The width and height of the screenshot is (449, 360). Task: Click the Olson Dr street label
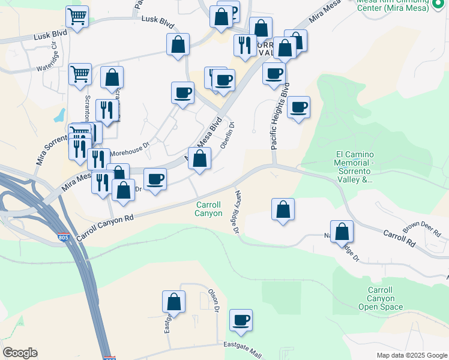[x=213, y=300]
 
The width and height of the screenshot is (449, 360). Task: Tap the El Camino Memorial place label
[x=355, y=166]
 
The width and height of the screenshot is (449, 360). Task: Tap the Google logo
[x=20, y=352]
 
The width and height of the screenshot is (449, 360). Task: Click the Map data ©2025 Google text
[x=411, y=355]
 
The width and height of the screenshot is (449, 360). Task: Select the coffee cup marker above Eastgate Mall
[x=241, y=320]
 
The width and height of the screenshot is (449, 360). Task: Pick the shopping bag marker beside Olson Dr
[x=173, y=301]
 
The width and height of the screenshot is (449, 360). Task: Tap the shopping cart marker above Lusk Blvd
[x=77, y=17]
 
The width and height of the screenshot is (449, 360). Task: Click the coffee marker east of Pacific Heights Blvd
[x=298, y=107]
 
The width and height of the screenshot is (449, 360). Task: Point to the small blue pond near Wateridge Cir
[x=59, y=115]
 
